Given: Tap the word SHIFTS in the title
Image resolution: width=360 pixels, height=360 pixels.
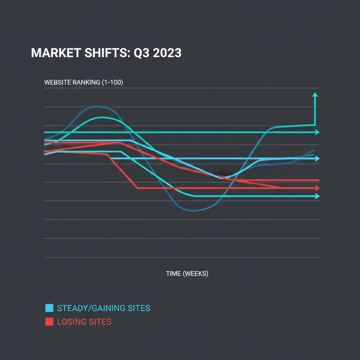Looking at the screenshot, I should pyautogui.click(x=103, y=53).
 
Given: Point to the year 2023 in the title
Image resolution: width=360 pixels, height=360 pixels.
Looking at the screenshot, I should pyautogui.click(x=167, y=53).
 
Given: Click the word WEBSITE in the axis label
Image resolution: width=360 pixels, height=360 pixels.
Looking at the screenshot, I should pyautogui.click(x=57, y=83).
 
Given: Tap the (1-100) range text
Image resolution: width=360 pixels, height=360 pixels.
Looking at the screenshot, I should pyautogui.click(x=112, y=83).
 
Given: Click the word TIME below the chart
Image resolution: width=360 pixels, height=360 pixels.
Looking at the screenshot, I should pyautogui.click(x=173, y=274).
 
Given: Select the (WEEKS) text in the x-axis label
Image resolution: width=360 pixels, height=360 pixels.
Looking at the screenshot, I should pyautogui.click(x=195, y=274).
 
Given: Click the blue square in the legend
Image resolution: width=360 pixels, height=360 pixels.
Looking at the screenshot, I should pyautogui.click(x=49, y=308).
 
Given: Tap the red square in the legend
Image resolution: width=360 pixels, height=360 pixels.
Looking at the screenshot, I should pyautogui.click(x=49, y=321).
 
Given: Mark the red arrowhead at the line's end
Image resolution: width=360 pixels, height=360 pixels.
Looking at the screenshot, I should pyautogui.click(x=317, y=188).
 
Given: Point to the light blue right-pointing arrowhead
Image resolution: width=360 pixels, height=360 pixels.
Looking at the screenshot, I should pyautogui.click(x=317, y=159).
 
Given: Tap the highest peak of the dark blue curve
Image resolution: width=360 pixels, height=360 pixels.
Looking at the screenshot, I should pyautogui.click(x=98, y=106).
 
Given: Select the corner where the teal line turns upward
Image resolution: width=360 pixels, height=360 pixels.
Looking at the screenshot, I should pyautogui.click(x=315, y=124).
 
